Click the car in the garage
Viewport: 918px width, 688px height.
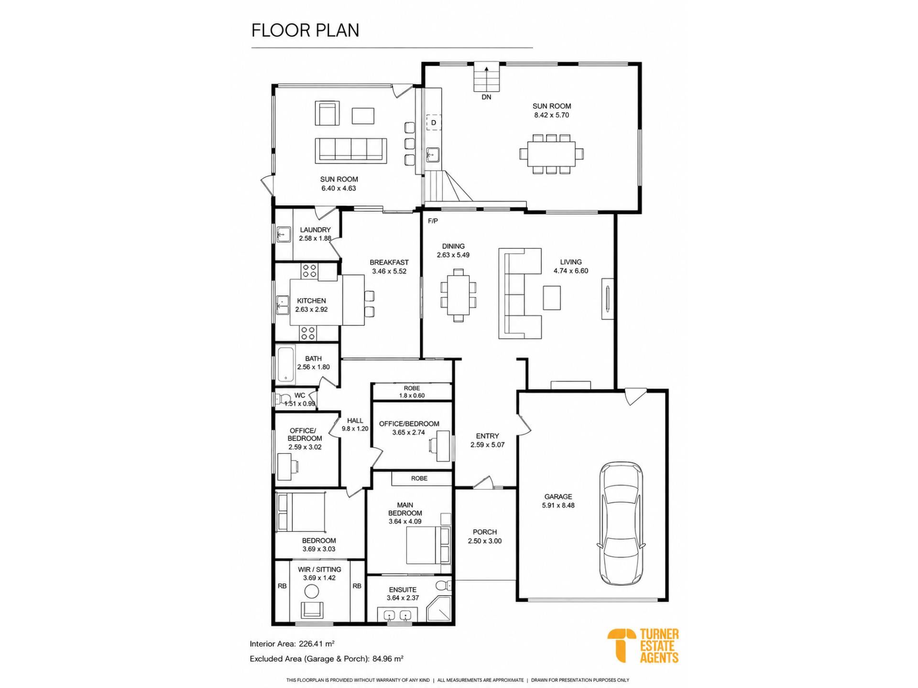(621, 523)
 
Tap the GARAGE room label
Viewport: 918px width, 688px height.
(558, 496)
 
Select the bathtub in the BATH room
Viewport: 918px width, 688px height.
(286, 365)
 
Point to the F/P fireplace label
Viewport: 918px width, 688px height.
(433, 221)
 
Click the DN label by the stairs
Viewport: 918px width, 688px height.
(486, 97)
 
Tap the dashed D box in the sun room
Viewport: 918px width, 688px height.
(434, 122)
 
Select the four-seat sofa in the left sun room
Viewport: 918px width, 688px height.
(350, 150)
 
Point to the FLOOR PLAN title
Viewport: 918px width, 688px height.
(305, 30)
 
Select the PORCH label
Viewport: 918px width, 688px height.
(485, 532)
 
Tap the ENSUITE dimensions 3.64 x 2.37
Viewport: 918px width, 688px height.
(403, 598)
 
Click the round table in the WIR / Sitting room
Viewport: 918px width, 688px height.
(312, 591)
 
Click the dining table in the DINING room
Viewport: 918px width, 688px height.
(459, 295)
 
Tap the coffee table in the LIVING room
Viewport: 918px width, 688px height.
(552, 298)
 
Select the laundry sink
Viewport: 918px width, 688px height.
(284, 234)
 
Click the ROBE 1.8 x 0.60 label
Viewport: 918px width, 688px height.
(412, 392)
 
